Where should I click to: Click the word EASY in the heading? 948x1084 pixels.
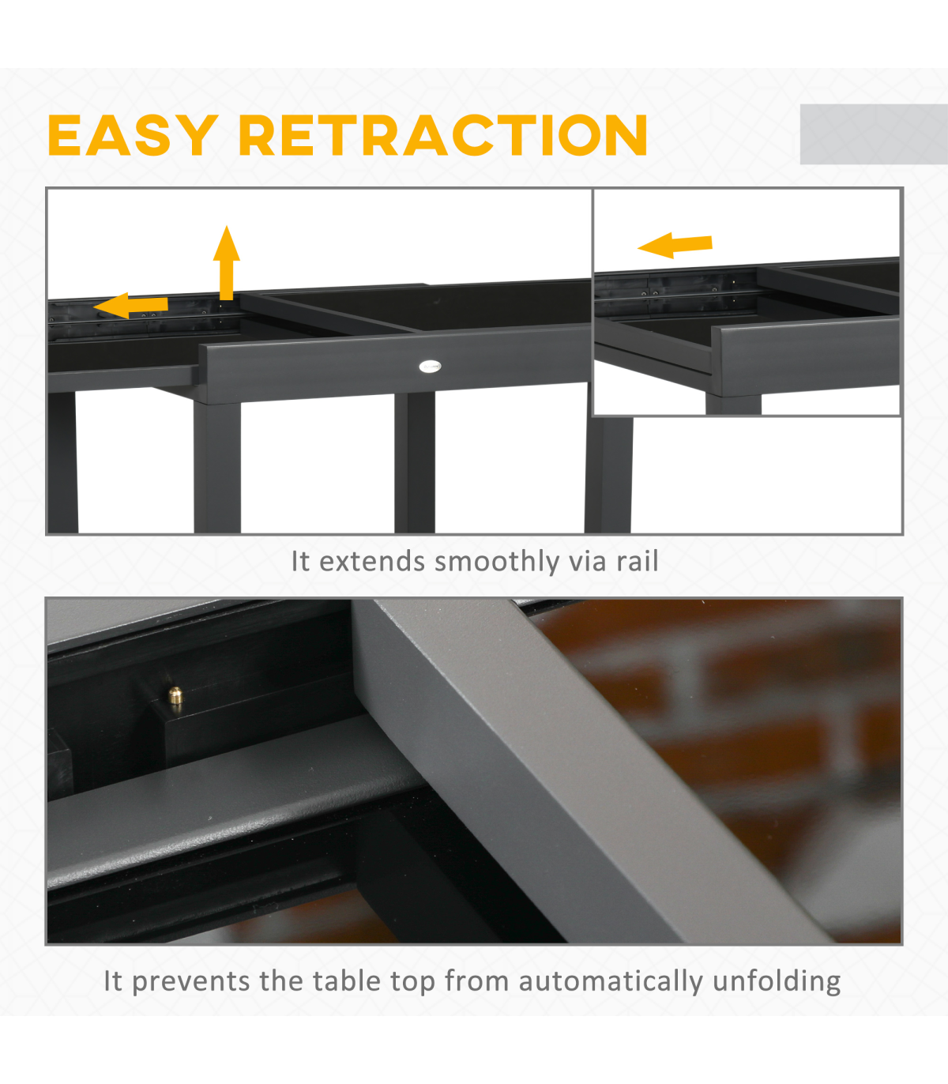coord(133,135)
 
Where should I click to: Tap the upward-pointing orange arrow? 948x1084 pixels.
coord(227,263)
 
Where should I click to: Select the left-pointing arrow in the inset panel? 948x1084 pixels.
coord(675,245)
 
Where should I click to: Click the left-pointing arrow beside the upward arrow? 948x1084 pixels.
coord(131,305)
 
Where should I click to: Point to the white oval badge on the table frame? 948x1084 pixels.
coord(430,366)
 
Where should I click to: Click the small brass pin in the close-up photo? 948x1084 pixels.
coord(175,695)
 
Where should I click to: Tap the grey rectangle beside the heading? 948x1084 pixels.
coord(874,134)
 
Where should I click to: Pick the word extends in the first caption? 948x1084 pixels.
coord(372,562)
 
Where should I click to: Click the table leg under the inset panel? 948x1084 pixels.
coord(608,474)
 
